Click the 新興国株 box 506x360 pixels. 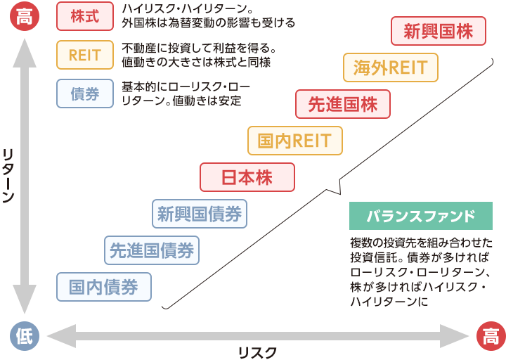click(439, 31)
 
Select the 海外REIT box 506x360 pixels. click(391, 67)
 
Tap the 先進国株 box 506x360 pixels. click(343, 104)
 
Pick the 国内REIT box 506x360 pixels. click(295, 141)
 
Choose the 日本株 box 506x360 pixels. click(247, 177)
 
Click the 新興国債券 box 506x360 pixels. click(200, 214)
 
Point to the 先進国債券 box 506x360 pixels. click(152, 250)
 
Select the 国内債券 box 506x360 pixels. click(104, 287)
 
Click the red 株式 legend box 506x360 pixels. click(85, 16)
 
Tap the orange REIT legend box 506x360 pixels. click(85, 55)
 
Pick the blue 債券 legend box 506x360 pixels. click(85, 94)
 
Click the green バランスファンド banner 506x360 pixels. click(421, 216)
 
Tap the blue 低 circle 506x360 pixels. click(25, 336)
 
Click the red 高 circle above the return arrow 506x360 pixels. click(25, 16)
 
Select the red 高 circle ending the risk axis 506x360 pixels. click(491, 336)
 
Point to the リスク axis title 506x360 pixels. click(257, 352)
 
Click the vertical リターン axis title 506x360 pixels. click(8, 176)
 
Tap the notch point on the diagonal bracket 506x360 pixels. click(340, 194)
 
